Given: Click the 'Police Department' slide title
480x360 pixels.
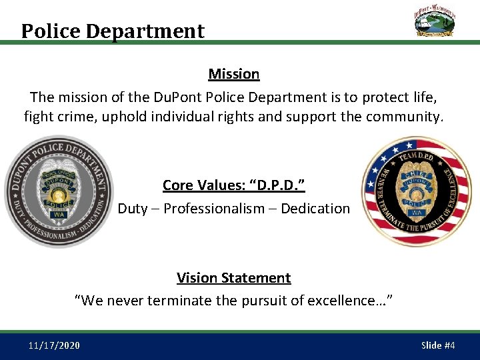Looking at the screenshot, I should pyautogui.click(x=113, y=31).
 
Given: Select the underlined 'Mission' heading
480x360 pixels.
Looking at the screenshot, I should pyautogui.click(x=233, y=74).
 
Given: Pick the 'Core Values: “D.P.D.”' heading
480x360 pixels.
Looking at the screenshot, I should pyautogui.click(x=233, y=185).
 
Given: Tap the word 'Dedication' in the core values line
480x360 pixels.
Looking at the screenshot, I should pyautogui.click(x=315, y=209).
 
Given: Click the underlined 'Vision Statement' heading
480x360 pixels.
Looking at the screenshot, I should pyautogui.click(x=233, y=277).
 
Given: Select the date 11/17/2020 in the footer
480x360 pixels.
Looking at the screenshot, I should pyautogui.click(x=55, y=345).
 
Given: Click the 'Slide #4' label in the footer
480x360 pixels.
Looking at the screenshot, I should pyautogui.click(x=438, y=345).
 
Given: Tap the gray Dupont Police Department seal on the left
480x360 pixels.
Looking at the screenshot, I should pyautogui.click(x=58, y=192).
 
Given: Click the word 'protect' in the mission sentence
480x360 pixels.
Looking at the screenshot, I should pyautogui.click(x=385, y=97).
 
